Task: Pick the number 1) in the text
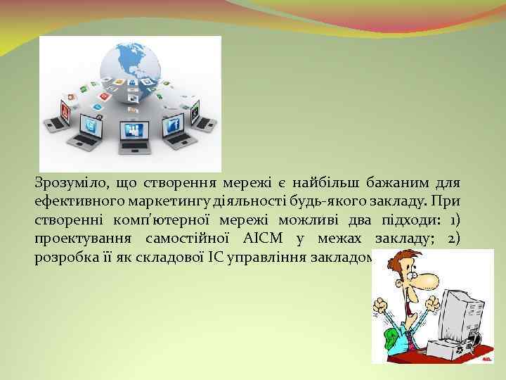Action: tap(455, 220)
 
